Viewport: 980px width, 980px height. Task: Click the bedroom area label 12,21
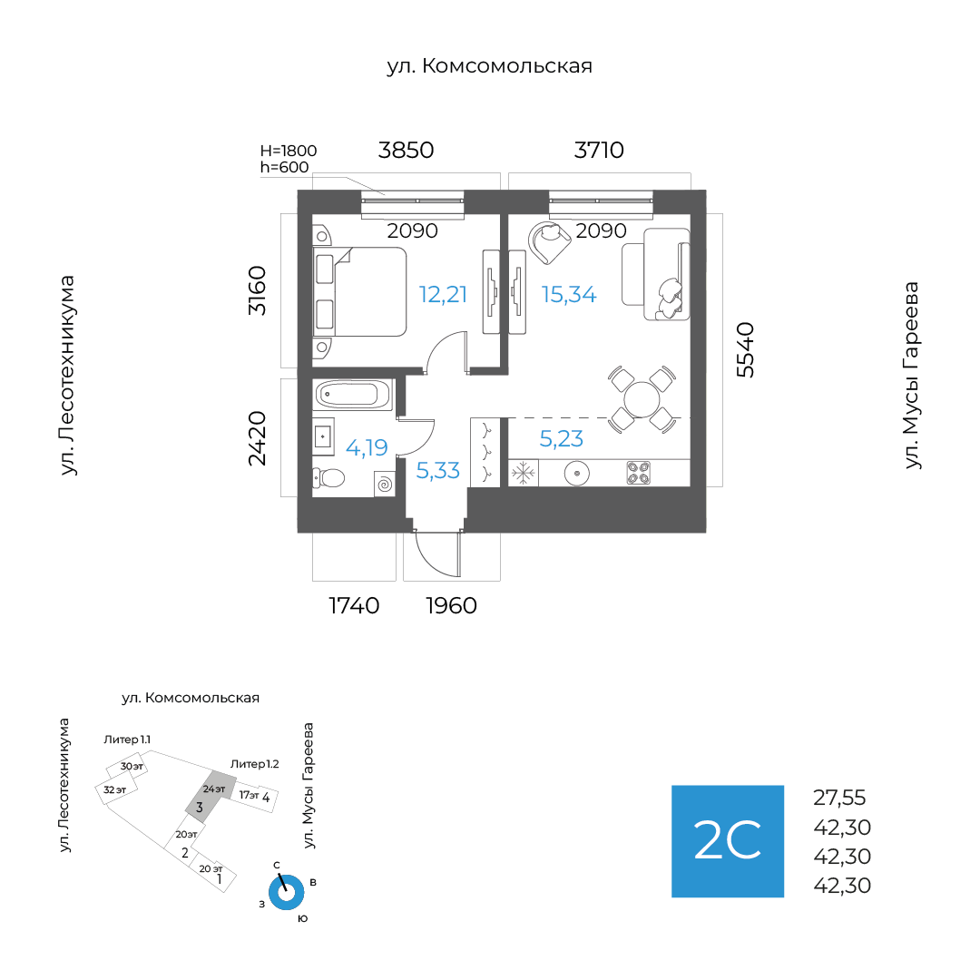pyautogui.click(x=443, y=294)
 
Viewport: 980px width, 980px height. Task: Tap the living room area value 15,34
pyautogui.click(x=569, y=294)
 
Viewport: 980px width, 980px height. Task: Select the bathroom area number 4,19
pyautogui.click(x=367, y=446)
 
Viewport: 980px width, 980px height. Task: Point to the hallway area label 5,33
pyautogui.click(x=437, y=470)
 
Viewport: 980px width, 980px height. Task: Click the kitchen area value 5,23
pyautogui.click(x=561, y=439)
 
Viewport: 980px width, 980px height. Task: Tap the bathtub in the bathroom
pyautogui.click(x=353, y=394)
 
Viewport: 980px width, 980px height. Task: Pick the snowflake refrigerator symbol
pyautogui.click(x=523, y=473)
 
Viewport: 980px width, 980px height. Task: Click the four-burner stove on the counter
pyautogui.click(x=638, y=473)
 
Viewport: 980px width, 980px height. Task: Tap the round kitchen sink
pyautogui.click(x=577, y=473)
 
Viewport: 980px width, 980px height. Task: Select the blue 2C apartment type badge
pyautogui.click(x=727, y=841)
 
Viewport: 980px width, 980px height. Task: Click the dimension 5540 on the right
pyautogui.click(x=745, y=349)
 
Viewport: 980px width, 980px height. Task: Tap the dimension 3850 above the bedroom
pyautogui.click(x=407, y=150)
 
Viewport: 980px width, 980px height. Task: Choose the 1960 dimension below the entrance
pyautogui.click(x=451, y=605)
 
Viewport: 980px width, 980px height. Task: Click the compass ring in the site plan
pyautogui.click(x=286, y=892)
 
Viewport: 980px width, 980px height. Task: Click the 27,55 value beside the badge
pyautogui.click(x=839, y=799)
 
